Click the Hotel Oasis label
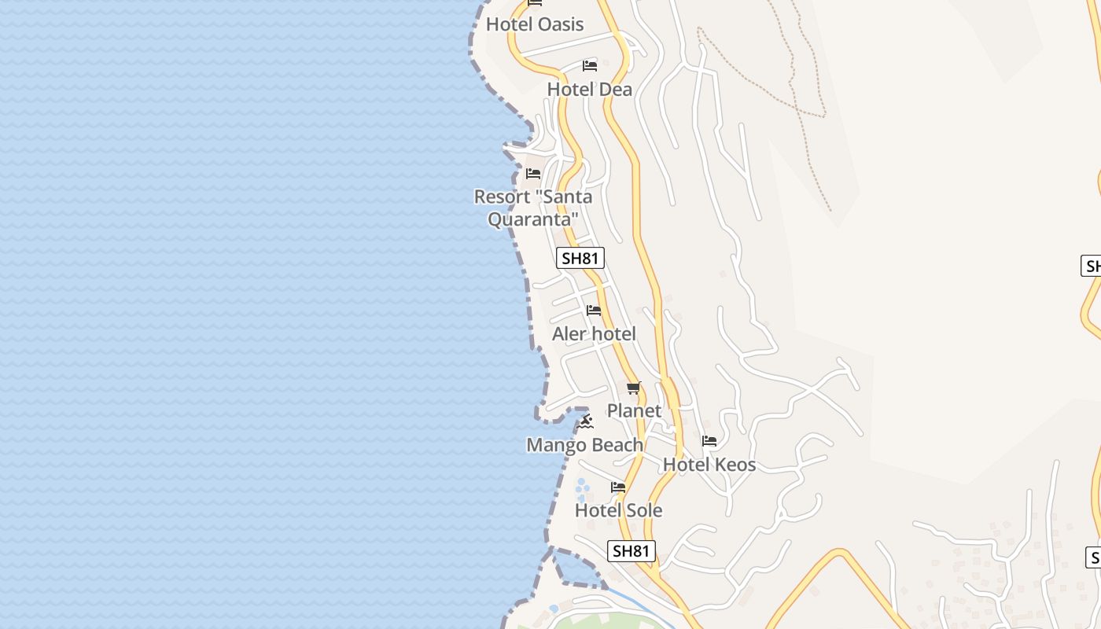(x=535, y=24)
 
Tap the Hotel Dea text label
(x=589, y=90)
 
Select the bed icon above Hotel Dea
(x=589, y=65)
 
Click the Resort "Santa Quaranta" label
(x=532, y=208)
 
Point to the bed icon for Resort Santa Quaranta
(x=533, y=173)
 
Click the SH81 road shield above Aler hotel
(x=580, y=258)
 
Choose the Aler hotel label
(x=594, y=334)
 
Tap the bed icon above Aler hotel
(x=594, y=311)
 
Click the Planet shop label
(x=634, y=410)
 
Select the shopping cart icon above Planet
(x=634, y=388)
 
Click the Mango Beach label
(x=584, y=445)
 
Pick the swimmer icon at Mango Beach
(x=585, y=422)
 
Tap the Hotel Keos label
(x=709, y=465)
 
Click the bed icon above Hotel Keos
(x=709, y=441)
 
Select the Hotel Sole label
(x=618, y=510)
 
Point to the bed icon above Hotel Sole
(x=618, y=487)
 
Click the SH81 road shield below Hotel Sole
(x=632, y=550)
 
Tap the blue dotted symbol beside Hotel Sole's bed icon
(x=582, y=490)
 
